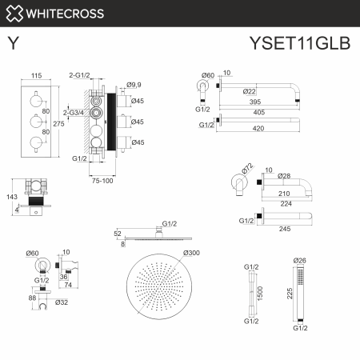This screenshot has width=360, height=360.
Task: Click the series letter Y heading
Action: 14,44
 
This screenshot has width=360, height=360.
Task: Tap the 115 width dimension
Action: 36,75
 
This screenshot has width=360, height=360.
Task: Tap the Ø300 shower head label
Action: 191,254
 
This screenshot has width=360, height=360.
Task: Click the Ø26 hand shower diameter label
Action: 300,261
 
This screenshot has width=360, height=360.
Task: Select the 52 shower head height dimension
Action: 118,233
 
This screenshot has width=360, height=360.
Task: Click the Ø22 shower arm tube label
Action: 250,92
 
